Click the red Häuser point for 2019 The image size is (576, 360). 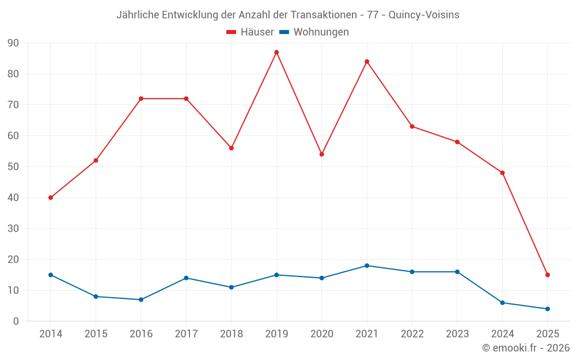pos(276,52)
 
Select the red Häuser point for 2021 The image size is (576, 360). pos(367,62)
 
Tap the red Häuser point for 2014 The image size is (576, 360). pos(51,198)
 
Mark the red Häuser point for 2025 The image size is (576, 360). pos(547,275)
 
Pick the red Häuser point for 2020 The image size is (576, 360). pos(321,154)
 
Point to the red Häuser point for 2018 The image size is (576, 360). pos(232,148)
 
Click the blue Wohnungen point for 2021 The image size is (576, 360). pos(367,266)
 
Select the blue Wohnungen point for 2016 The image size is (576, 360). pos(141,300)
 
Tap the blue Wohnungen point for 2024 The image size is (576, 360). pos(502,302)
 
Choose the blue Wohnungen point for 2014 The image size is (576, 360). pos(51,275)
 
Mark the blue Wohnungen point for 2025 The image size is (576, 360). pos(547,309)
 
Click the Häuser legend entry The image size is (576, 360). pos(250,32)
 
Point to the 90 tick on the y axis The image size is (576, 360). pos(13,43)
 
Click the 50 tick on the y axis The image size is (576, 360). pos(13,167)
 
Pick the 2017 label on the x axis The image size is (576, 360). pos(186,334)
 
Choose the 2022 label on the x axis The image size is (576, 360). pos(412,334)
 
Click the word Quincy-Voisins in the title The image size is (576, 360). pos(424,15)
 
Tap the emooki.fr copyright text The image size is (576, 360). pos(526,348)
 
